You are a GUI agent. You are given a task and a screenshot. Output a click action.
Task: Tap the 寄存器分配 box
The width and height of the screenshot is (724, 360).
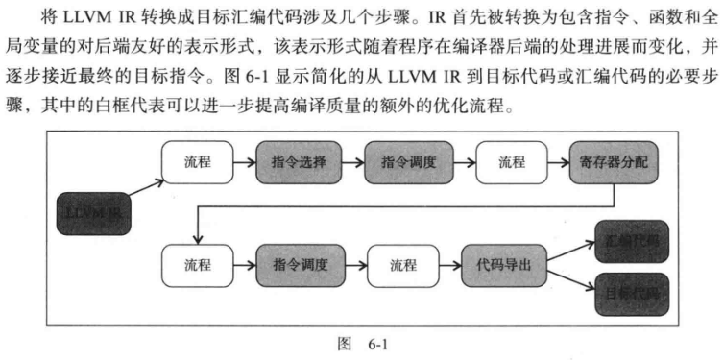[x=614, y=162]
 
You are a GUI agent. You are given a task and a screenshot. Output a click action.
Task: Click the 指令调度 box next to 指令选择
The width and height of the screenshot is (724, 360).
[x=402, y=162]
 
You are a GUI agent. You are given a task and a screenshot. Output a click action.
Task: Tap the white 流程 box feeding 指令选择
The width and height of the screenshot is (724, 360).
[x=197, y=162]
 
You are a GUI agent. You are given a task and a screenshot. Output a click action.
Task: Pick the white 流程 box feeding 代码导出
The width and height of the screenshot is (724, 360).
[x=401, y=264]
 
